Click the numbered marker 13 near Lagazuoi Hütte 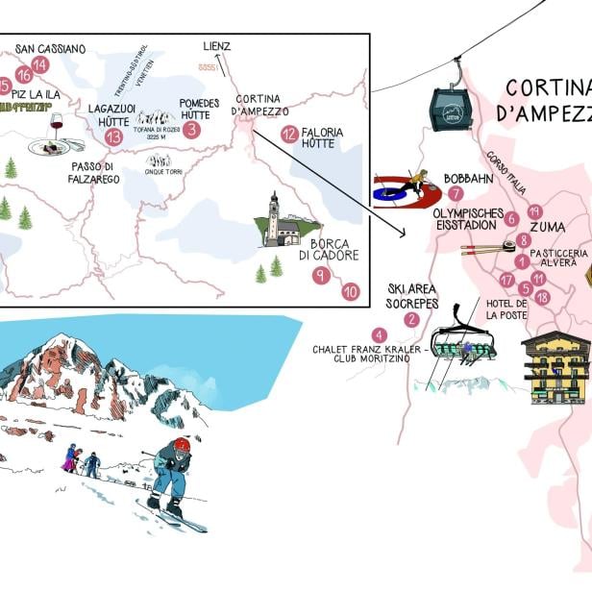[x=114, y=136]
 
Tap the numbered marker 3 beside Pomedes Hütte [x=192, y=129]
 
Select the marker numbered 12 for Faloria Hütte [x=289, y=135]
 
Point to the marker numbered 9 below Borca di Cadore [x=321, y=276]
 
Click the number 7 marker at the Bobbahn [x=456, y=193]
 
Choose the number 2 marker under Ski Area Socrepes [x=412, y=320]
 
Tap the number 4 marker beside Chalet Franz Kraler [x=380, y=334]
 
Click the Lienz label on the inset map [x=217, y=45]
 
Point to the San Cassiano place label [x=50, y=49]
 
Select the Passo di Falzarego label [x=93, y=172]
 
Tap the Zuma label [x=547, y=228]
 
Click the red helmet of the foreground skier [x=181, y=445]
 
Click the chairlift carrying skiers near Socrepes [x=462, y=344]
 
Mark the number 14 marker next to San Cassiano [x=39, y=65]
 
